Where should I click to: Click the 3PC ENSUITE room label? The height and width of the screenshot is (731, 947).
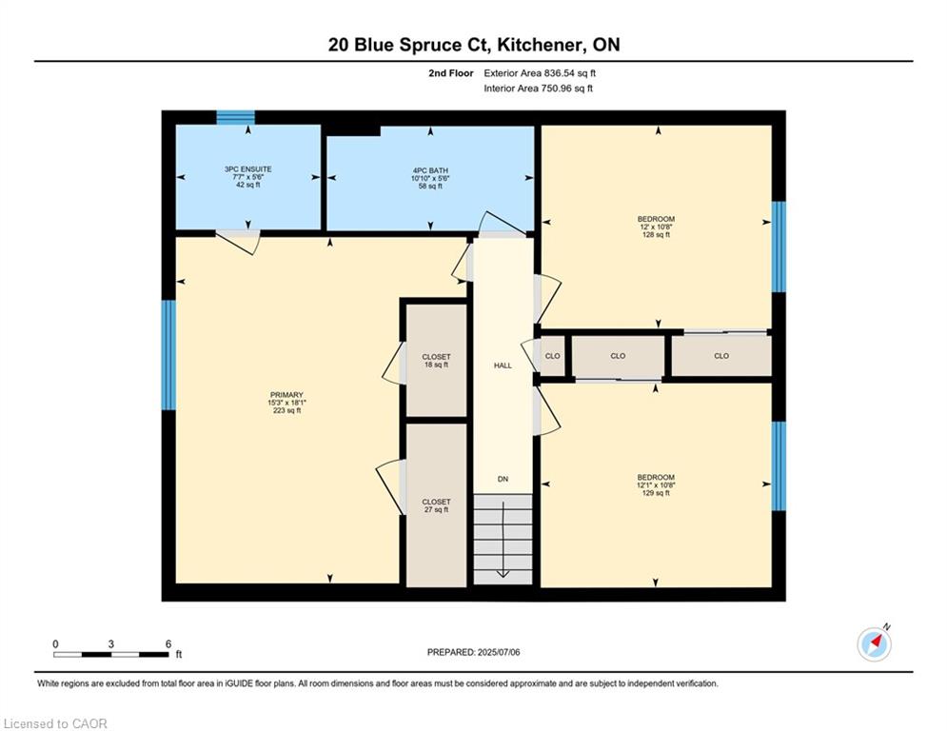(247, 177)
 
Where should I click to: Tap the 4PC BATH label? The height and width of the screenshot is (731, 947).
(430, 178)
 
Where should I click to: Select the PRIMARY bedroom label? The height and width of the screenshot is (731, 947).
(286, 403)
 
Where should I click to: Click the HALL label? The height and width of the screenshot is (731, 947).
(503, 365)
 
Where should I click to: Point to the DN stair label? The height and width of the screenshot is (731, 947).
(503, 479)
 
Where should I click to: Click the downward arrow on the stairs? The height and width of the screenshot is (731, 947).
(503, 540)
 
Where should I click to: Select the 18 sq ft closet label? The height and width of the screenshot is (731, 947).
(436, 361)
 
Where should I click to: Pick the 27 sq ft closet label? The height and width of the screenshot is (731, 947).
(436, 505)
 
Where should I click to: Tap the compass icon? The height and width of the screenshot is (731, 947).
(874, 644)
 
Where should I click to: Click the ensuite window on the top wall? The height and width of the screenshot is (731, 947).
(235, 117)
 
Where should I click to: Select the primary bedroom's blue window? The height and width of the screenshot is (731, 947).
(168, 355)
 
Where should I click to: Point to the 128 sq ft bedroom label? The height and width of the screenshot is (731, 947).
(656, 227)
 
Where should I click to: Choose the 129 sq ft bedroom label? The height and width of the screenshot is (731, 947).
(656, 485)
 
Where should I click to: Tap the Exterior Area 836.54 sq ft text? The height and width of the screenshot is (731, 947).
(540, 73)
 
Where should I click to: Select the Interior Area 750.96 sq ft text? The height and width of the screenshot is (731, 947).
(538, 89)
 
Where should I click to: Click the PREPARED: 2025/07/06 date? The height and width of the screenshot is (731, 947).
(474, 652)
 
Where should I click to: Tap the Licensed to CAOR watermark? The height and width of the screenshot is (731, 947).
(55, 723)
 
